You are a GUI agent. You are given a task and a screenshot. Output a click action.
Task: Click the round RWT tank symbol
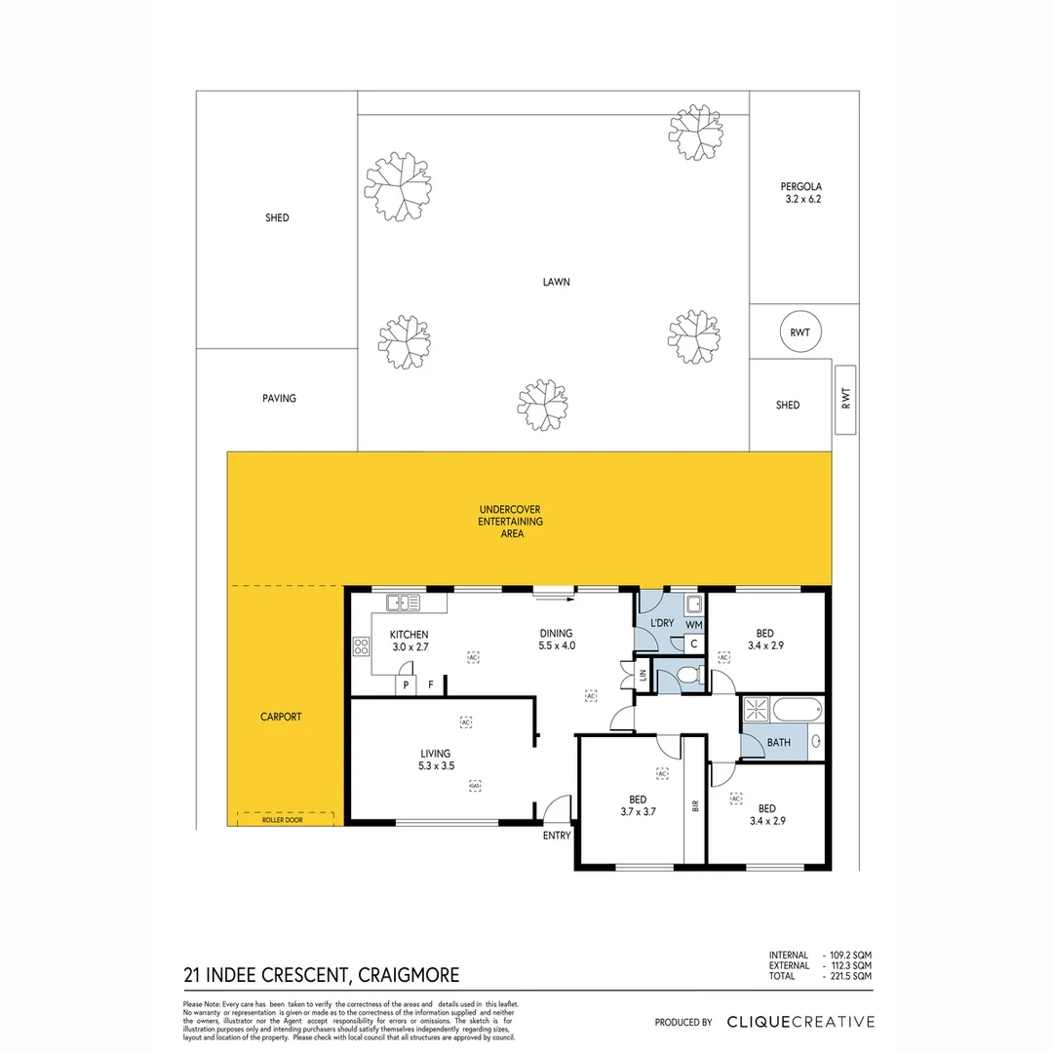tap(799, 333)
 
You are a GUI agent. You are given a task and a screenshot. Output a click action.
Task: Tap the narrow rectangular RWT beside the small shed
tap(845, 399)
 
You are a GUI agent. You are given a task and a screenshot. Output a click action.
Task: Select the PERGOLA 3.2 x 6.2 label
tap(803, 192)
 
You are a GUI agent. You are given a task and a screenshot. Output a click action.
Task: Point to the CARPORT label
tap(281, 717)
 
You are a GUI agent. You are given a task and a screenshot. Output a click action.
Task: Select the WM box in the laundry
tap(693, 623)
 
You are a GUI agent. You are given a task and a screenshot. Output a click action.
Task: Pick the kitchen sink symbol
tap(402, 602)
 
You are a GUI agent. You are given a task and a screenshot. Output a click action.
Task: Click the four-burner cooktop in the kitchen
tap(361, 646)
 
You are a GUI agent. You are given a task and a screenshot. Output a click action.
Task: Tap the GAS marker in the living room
tap(475, 785)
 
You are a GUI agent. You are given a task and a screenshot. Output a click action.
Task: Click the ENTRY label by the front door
tap(557, 836)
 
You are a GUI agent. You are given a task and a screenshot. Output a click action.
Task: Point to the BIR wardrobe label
tap(694, 805)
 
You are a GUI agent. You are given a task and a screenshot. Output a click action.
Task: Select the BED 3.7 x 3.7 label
tap(636, 804)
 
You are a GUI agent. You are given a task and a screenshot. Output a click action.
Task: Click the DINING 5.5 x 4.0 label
tap(556, 639)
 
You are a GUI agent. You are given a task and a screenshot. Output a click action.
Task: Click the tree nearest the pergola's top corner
tap(696, 133)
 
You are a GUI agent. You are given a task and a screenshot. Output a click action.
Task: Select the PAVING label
tap(279, 399)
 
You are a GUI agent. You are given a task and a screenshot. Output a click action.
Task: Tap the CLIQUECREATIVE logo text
tap(800, 1022)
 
